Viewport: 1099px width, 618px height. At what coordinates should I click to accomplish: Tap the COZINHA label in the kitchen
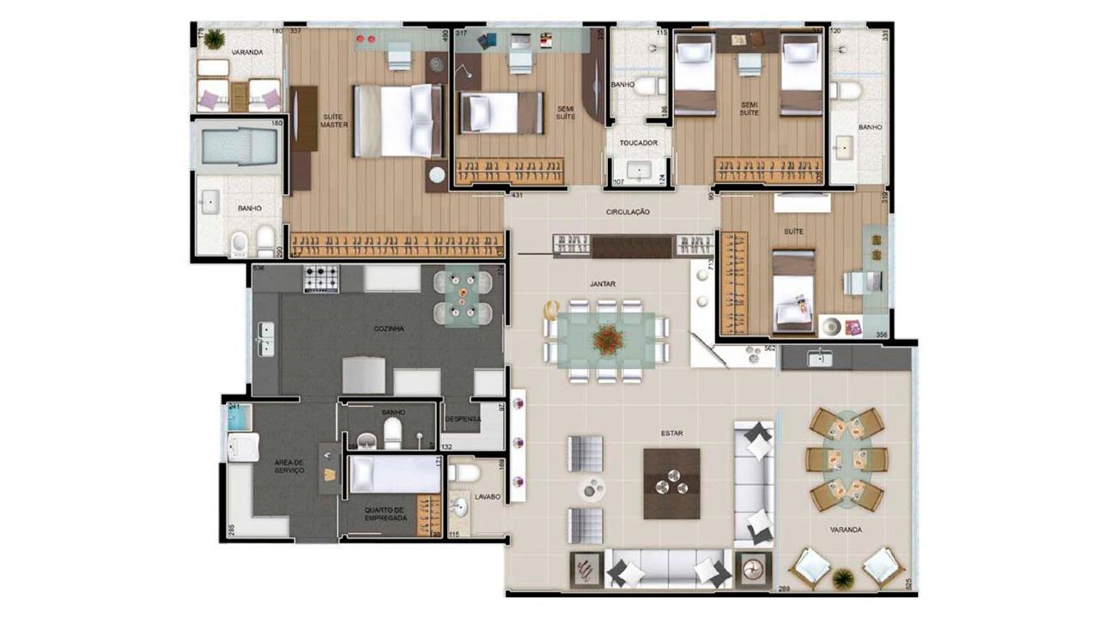388,329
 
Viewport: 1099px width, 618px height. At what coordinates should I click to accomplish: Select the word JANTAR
603,283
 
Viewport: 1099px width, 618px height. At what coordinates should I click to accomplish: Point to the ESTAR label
672,433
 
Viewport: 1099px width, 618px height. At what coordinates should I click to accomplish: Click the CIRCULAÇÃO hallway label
628,211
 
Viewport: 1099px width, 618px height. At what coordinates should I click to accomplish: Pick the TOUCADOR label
638,143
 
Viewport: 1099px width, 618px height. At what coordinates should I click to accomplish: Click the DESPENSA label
463,419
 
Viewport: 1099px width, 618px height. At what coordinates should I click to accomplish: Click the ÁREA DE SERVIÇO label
288,465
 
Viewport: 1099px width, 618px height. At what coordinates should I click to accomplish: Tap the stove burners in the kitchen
321,278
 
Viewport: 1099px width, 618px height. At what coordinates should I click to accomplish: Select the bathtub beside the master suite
235,147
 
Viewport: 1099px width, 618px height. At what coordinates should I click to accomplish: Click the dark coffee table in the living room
671,484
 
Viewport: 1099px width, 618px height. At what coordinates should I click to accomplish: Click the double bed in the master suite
397,120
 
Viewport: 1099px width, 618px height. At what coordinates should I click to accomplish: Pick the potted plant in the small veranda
214,39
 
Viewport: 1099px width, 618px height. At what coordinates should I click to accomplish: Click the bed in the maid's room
393,474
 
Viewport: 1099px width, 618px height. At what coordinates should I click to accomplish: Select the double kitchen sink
266,339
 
